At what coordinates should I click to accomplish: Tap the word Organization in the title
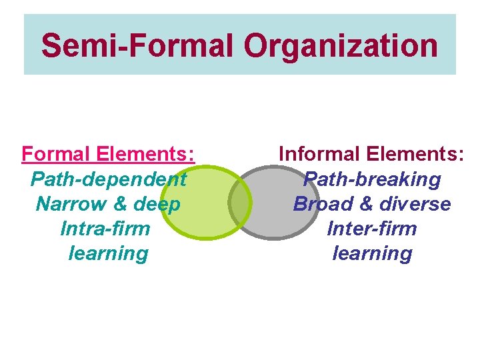point(341,46)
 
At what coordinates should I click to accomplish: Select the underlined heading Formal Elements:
point(108,154)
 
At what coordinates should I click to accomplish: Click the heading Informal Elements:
point(371,154)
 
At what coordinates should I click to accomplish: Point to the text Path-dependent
point(108,179)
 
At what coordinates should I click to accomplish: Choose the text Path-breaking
point(371,179)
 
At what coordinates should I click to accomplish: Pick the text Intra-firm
point(105,229)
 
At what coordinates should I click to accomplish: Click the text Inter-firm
point(372,229)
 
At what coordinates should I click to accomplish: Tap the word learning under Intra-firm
point(108,253)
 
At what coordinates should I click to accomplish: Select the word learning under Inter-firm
point(372,253)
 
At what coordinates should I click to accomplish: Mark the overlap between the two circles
point(240,202)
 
